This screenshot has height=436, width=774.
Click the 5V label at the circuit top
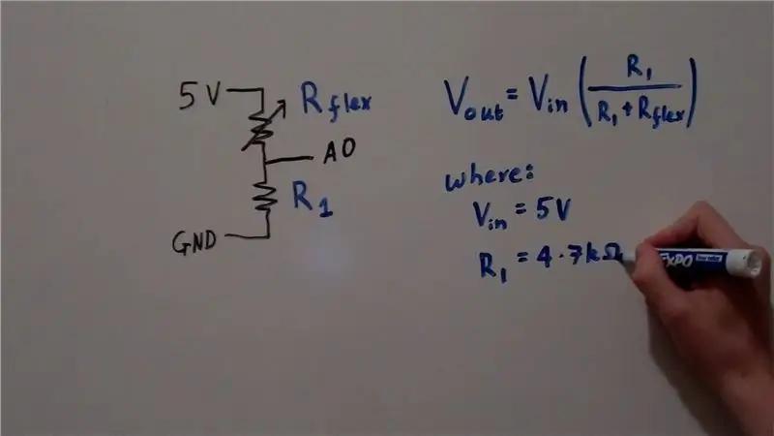pos(199,95)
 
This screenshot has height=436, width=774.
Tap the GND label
pos(194,242)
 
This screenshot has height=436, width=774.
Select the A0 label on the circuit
pos(340,150)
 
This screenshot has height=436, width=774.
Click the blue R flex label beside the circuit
pos(336,102)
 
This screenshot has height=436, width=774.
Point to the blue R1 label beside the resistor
pos(312,199)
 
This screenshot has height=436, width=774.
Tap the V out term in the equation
pos(474,101)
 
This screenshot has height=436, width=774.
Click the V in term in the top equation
pos(548,97)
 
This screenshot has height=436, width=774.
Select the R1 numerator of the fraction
pos(640,67)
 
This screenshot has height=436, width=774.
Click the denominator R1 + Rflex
pos(640,111)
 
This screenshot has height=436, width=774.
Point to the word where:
pos(489,176)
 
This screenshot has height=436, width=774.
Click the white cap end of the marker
pos(749,262)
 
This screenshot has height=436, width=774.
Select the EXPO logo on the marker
pos(675,260)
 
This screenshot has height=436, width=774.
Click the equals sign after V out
pos(514,93)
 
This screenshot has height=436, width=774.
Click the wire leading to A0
pos(289,159)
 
